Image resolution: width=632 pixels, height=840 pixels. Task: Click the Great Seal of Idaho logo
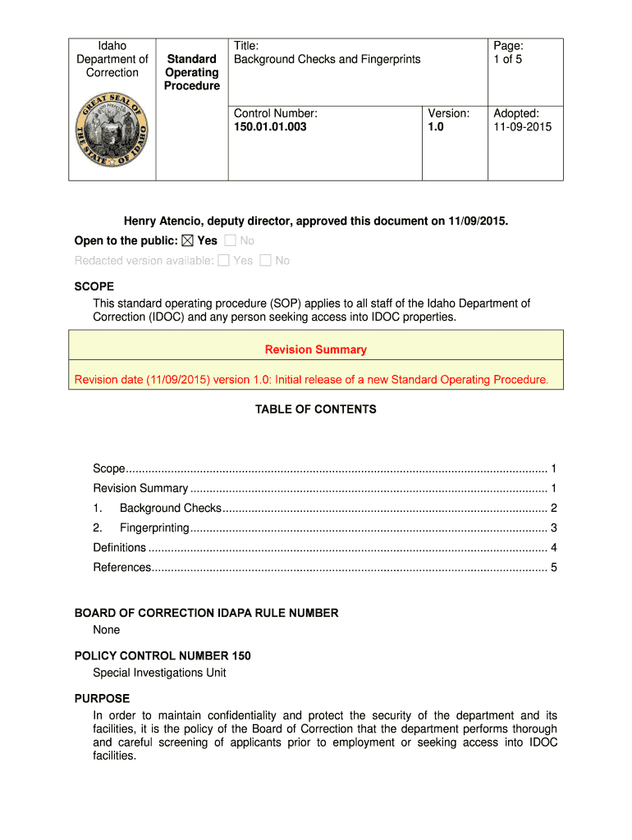112,130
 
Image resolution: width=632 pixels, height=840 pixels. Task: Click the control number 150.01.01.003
270,127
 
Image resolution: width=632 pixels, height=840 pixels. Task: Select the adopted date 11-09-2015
522,127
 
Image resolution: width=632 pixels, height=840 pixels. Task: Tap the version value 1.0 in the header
435,127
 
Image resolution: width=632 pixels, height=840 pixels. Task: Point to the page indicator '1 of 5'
507,59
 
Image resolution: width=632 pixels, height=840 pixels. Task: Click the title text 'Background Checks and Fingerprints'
327,59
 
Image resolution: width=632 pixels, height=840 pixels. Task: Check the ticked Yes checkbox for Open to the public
185,241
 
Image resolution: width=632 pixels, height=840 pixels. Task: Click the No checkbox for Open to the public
230,241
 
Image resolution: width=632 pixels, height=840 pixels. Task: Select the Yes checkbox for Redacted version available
223,261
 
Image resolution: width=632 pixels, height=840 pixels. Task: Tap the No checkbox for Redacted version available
265,261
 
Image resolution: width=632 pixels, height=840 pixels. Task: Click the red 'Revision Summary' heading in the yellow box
315,349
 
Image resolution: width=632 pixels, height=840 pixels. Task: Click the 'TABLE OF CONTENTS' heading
315,409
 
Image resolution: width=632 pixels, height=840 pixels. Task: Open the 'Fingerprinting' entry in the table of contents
154,528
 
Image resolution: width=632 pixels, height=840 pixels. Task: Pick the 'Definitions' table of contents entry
120,548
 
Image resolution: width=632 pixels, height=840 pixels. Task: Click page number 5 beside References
554,568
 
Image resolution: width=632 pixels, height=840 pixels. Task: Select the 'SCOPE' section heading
94,287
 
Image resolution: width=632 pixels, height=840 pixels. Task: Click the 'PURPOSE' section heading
102,699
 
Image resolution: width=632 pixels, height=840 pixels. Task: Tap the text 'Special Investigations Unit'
159,673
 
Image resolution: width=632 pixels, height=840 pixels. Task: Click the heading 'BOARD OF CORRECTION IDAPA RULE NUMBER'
206,614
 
